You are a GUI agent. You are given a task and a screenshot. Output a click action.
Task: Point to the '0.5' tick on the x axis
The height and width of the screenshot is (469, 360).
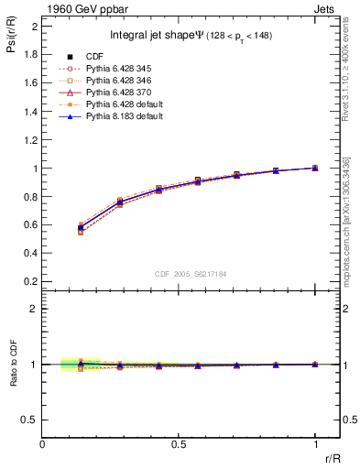tap(180, 443)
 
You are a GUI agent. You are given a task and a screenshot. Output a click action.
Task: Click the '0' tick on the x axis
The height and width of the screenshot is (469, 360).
tap(43, 443)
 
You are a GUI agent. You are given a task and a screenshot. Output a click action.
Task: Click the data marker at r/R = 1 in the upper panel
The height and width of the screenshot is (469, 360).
tap(315, 168)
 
